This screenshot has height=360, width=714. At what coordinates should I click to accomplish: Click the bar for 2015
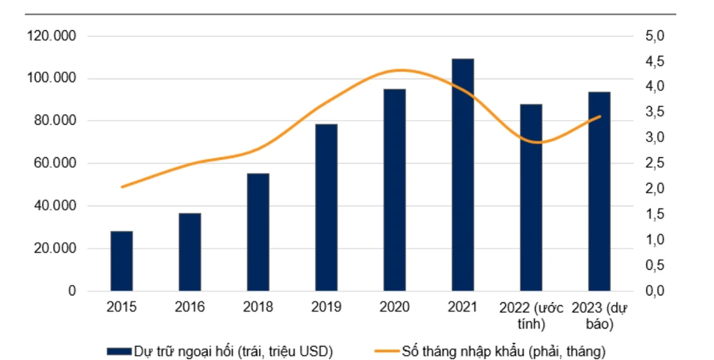click(x=121, y=261)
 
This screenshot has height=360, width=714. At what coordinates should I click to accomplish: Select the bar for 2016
click(x=190, y=252)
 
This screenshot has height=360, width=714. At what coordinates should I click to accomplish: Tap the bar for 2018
click(x=258, y=232)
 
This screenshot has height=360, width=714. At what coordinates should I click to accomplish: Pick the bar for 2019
click(x=326, y=208)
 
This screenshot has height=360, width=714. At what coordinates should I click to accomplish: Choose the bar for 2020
click(x=395, y=190)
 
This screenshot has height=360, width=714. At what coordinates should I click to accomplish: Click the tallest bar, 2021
click(x=463, y=175)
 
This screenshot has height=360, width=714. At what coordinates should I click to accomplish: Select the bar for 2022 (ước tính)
click(x=531, y=198)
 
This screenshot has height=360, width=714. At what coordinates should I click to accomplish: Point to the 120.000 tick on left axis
click(x=51, y=36)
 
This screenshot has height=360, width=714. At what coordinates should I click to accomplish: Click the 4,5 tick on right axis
click(x=655, y=61)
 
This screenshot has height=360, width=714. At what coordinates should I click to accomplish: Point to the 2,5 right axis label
click(x=655, y=164)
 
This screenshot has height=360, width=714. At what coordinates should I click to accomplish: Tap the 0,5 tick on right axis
click(x=655, y=266)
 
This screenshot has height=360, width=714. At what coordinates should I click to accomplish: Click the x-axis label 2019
click(x=326, y=307)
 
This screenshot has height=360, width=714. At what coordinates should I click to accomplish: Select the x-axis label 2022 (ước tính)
click(x=531, y=315)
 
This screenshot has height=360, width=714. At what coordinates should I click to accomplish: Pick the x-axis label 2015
click(x=121, y=307)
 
